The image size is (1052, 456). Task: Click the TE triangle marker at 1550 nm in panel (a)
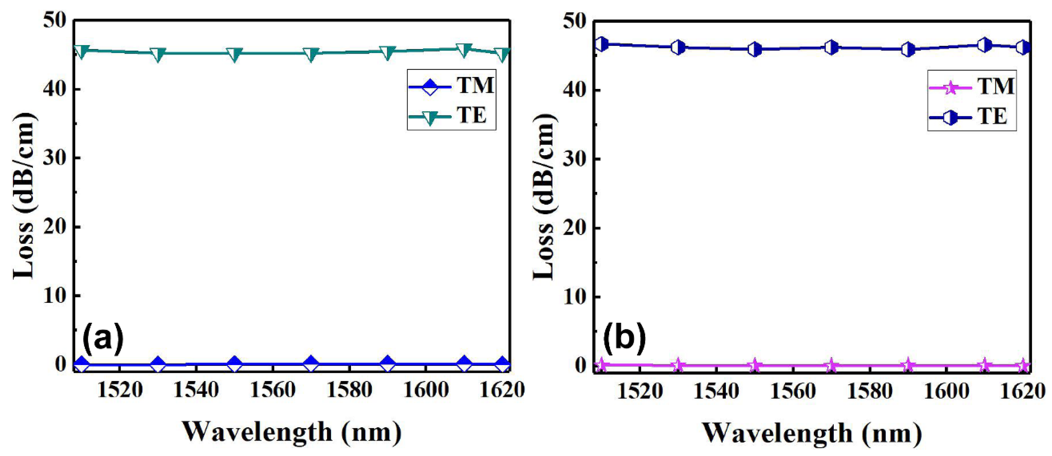(234, 54)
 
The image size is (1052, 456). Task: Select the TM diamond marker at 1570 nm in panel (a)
(311, 364)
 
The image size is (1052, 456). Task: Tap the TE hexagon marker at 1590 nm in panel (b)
(908, 50)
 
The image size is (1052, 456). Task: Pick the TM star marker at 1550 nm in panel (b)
(755, 366)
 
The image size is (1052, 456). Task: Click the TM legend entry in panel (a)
(451, 86)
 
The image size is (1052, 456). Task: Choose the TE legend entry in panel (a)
(451, 116)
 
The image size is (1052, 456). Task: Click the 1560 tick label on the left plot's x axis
(273, 390)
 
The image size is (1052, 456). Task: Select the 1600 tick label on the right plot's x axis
(946, 392)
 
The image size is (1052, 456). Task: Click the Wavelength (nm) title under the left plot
(292, 431)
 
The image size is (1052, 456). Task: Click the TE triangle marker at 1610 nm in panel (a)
(464, 50)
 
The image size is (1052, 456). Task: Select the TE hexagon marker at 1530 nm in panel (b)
(678, 47)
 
